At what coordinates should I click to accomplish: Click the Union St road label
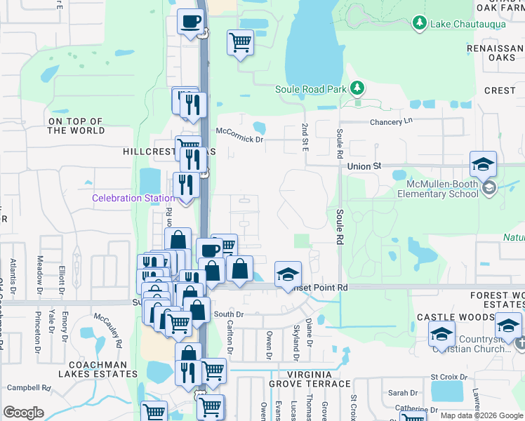tap(364, 166)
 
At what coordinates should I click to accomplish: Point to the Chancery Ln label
tap(391, 121)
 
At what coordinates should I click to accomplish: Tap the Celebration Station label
tap(133, 199)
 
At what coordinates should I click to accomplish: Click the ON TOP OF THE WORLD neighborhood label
tap(76, 126)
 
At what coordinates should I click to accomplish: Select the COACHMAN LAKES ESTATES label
tap(98, 370)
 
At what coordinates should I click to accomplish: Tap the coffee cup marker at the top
tap(190, 22)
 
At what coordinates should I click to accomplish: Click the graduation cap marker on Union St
tap(483, 164)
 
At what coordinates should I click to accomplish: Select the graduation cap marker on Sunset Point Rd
tap(288, 274)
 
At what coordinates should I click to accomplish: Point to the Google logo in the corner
tap(23, 413)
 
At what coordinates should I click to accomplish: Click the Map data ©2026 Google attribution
tap(481, 415)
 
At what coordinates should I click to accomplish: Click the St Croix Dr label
tap(448, 377)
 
